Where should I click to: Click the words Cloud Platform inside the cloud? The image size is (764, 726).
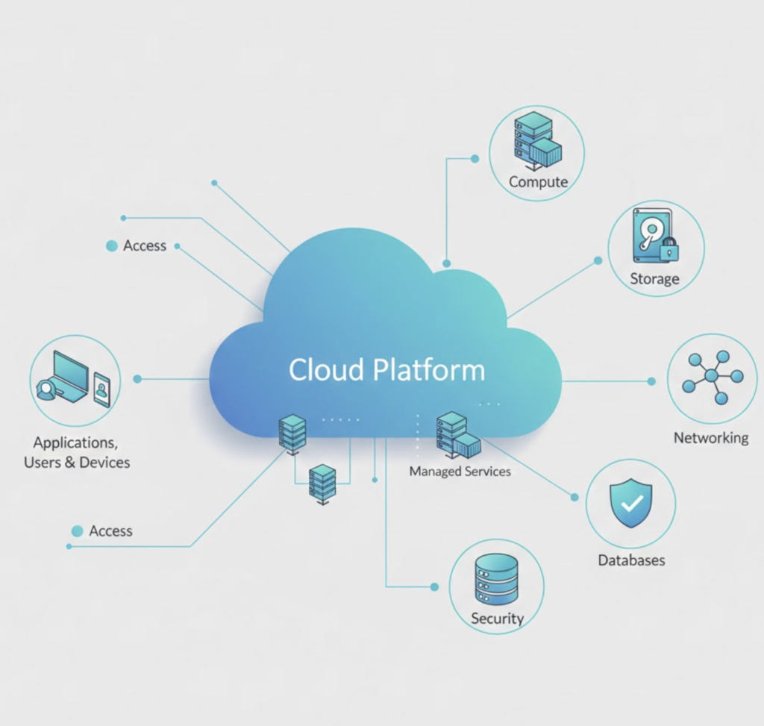[x=386, y=370]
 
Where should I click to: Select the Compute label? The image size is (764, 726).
[x=538, y=182]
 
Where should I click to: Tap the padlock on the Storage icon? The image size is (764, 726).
[x=669, y=249]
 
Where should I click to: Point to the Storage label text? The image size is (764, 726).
[x=654, y=279]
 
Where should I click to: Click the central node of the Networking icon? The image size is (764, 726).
[x=711, y=375]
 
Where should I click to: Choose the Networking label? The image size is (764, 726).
[x=711, y=438]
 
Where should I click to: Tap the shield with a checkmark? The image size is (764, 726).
[x=630, y=503]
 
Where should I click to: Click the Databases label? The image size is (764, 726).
[x=631, y=560]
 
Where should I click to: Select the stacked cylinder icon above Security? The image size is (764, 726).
[x=496, y=579]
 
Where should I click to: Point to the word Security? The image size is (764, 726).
[x=497, y=619]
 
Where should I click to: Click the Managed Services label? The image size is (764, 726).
[x=460, y=472]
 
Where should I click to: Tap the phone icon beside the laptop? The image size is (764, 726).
[x=101, y=389]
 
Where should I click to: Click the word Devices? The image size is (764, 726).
[x=104, y=463]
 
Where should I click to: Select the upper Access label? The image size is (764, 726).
[x=145, y=246]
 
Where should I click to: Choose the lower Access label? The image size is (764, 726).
[x=110, y=531]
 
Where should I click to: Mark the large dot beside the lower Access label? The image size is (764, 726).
[x=77, y=531]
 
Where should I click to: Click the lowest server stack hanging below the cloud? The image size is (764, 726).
[x=322, y=483]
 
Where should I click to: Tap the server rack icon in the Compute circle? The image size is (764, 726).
[x=533, y=135]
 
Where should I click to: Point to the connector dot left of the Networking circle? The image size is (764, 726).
[x=651, y=381]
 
